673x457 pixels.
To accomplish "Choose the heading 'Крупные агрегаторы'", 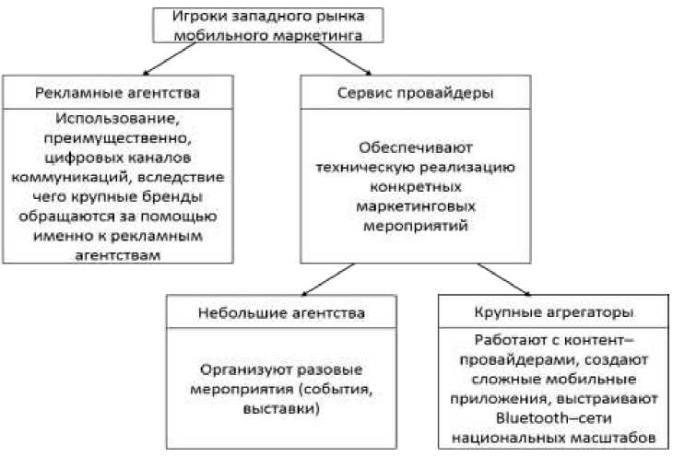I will click(x=549, y=311).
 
